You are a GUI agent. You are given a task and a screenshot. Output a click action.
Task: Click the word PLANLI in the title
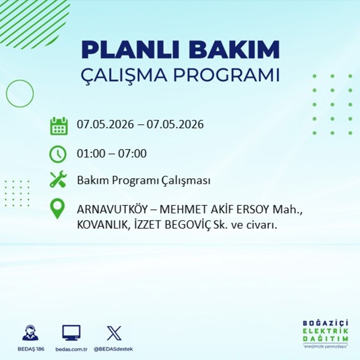click(x=130, y=50)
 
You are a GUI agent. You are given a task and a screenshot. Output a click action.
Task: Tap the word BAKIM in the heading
click(x=234, y=50)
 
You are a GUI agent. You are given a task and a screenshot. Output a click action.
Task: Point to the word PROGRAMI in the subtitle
click(x=226, y=75)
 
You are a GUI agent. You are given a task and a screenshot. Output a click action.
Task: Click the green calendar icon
click(x=58, y=126)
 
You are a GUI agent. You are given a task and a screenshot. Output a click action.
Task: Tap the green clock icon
click(x=58, y=154)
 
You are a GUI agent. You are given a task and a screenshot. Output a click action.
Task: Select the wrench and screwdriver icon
click(x=58, y=179)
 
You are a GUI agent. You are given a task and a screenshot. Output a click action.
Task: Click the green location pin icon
click(x=57, y=209)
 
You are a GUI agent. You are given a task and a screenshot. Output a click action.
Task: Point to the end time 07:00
click(x=132, y=154)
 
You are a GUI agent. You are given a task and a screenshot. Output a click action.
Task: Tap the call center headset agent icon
click(x=30, y=332)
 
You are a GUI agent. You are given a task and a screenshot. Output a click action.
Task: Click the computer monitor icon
click(x=71, y=332)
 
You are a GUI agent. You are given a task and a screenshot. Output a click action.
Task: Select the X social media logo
click(x=114, y=333)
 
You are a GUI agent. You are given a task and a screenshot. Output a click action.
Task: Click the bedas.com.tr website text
click(x=71, y=349)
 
